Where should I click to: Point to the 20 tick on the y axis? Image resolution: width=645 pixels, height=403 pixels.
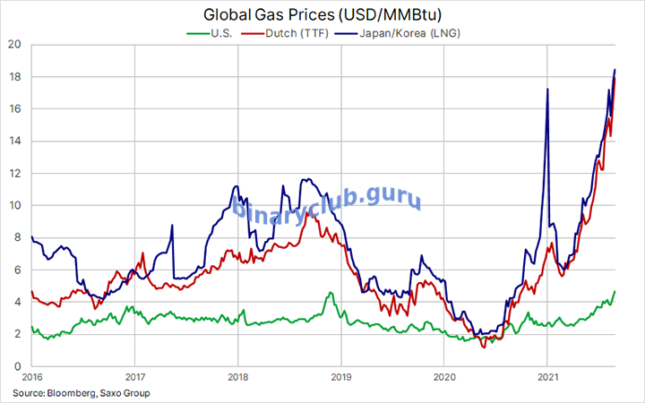[13, 45]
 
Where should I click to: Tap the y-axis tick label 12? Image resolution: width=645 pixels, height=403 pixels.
[13, 174]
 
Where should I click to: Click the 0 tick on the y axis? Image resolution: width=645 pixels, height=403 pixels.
[16, 366]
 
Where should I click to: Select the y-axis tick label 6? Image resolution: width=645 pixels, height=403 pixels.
[16, 270]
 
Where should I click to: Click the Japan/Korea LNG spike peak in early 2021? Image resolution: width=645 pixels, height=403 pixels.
[546, 90]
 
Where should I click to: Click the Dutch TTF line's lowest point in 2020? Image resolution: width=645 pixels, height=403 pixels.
[484, 347]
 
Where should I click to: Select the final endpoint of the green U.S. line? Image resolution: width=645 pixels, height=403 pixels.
[615, 291]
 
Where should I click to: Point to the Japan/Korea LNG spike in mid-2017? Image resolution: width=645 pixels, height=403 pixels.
[170, 226]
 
